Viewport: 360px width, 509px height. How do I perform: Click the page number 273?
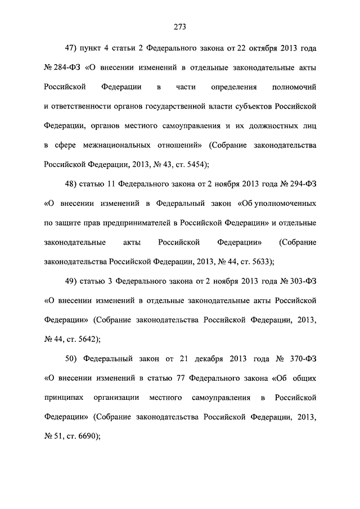[180, 26]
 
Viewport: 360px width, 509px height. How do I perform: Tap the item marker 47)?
[73, 48]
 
